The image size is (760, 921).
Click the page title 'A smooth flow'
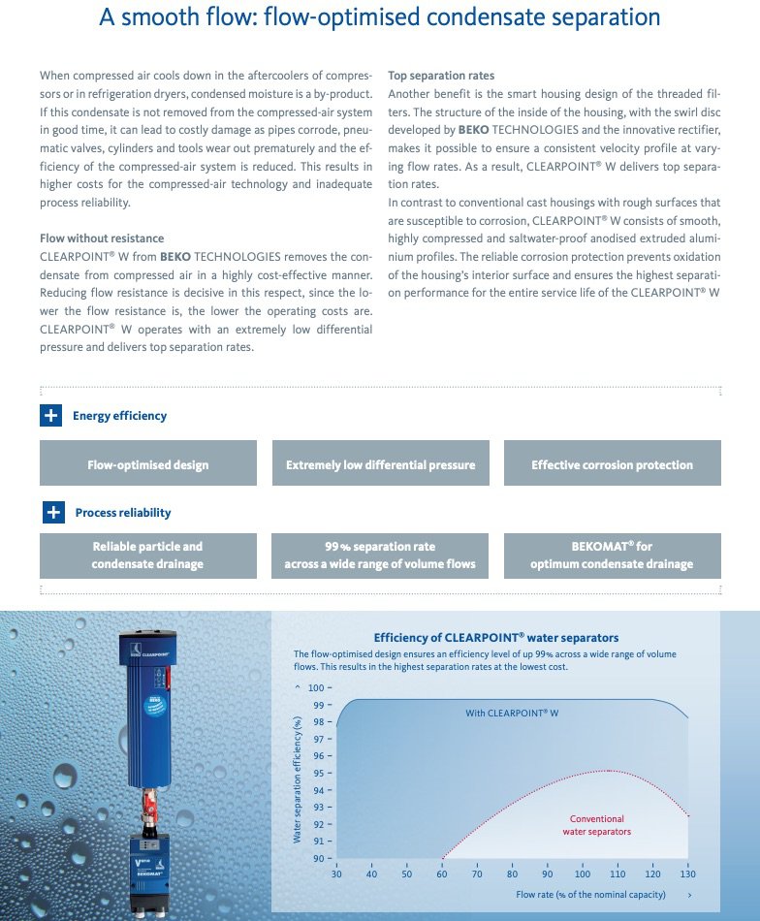pos(379,17)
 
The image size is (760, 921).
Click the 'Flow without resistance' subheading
pos(102,238)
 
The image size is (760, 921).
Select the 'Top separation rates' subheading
pos(440,75)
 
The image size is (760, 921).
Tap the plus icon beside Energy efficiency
pos(50,416)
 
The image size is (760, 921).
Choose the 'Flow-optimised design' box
pos(148,464)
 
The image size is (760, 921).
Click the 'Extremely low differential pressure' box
pos(380,464)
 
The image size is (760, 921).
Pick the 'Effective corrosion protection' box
pos(612,464)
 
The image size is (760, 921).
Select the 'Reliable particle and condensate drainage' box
pos(148,556)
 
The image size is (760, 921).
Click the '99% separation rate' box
pos(380,556)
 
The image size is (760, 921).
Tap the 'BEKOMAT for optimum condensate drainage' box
pos(612,556)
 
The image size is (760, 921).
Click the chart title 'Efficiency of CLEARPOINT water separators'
pos(496,637)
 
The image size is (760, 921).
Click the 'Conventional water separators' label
pos(597,825)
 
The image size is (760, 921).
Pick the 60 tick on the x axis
pos(442,873)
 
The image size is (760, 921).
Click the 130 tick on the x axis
pos(688,873)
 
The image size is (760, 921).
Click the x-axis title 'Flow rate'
pos(590,894)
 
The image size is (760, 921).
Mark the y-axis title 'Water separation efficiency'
pos(298,779)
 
